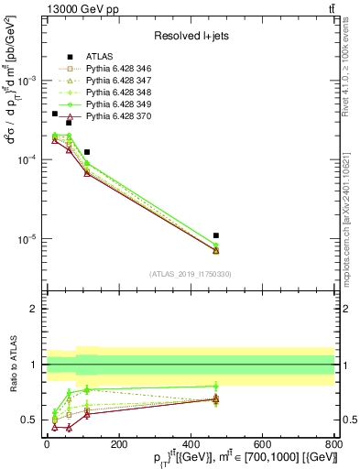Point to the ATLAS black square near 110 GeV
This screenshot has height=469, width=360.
click(87, 152)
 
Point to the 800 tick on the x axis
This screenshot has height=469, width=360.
click(333, 445)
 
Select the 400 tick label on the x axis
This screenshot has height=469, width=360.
click(190, 445)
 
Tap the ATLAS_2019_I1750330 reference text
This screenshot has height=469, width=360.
click(190, 274)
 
